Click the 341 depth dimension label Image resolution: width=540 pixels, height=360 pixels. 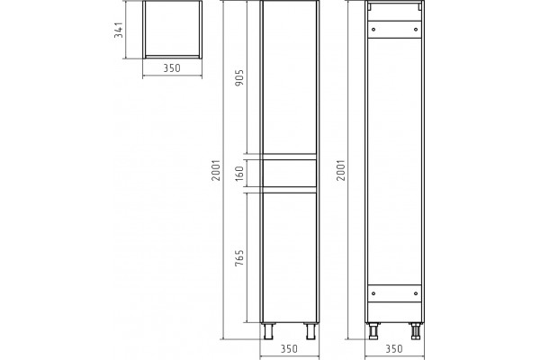coord(119,30)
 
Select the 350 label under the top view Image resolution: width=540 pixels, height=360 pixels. coord(172,68)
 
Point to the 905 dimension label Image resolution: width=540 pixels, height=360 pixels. coord(239,78)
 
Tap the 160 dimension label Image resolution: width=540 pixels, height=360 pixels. coord(239,174)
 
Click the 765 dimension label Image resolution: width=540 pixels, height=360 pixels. coord(239,257)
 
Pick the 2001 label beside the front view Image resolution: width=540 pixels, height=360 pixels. coord(216,170)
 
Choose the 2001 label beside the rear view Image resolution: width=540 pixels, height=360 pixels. coord(340,170)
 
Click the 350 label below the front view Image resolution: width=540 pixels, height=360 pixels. coord(289,349)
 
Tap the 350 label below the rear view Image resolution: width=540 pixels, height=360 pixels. coord(394,349)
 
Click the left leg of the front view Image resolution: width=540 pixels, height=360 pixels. coord(268,331)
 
